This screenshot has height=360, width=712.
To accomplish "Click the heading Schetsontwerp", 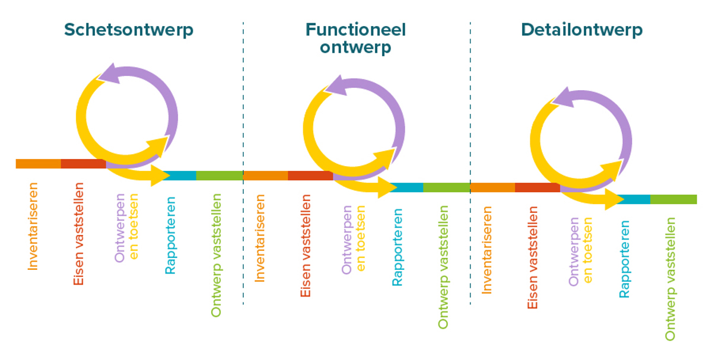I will pyautogui.click(x=129, y=30).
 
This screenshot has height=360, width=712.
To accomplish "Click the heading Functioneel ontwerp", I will pyautogui.click(x=355, y=38).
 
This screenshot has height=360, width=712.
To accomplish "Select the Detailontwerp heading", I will pyautogui.click(x=581, y=30).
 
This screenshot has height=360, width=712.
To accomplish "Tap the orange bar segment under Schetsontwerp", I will pyautogui.click(x=38, y=164).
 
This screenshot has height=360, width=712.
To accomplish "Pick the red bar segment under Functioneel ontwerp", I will pyautogui.click(x=310, y=176).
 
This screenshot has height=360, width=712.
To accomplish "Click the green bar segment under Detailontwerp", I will pyautogui.click(x=673, y=199).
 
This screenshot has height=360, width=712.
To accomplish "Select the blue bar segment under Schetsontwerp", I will pyautogui.click(x=179, y=176).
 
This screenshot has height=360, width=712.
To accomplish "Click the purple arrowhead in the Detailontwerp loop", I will pyautogui.click(x=564, y=98).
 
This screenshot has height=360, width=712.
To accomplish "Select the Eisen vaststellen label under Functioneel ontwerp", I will pyautogui.click(x=306, y=246).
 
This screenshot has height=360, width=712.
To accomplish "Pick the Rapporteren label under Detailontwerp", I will pyautogui.click(x=624, y=259).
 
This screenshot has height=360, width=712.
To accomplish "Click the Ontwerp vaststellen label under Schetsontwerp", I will pyautogui.click(x=216, y=255).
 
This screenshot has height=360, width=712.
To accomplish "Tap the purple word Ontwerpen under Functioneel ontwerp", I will pyautogui.click(x=347, y=240).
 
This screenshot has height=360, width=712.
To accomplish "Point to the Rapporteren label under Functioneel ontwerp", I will pyautogui.click(x=397, y=247).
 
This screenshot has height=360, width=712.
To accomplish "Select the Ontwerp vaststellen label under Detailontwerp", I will pyautogui.click(x=670, y=279).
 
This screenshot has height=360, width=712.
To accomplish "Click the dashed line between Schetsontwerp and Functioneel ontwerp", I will pyautogui.click(x=243, y=237).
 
